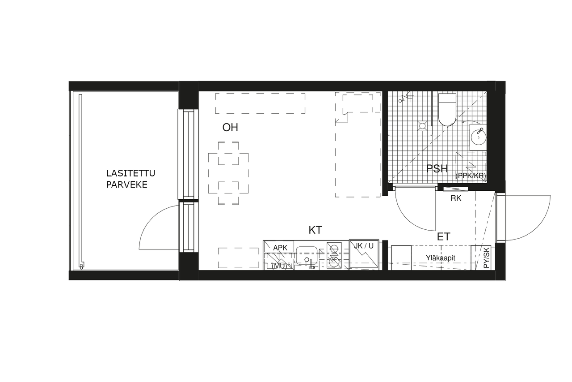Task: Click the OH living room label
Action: point(230,128)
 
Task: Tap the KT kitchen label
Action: point(315,230)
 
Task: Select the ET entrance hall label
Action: point(444,236)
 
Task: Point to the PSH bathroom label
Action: point(437,169)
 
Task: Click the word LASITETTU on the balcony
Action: point(130,173)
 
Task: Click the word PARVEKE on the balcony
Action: point(126,185)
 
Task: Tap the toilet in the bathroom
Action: point(447,110)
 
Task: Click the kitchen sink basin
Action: point(307,255)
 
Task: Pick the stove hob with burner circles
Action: point(334,255)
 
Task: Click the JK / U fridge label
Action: point(364,246)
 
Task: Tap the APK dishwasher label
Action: point(280,248)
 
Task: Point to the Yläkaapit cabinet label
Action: point(441,258)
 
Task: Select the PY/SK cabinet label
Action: point(487,258)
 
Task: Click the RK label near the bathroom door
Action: point(456,198)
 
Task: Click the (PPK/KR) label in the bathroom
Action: point(471,176)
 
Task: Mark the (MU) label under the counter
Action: point(279,266)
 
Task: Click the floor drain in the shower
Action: point(422,126)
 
